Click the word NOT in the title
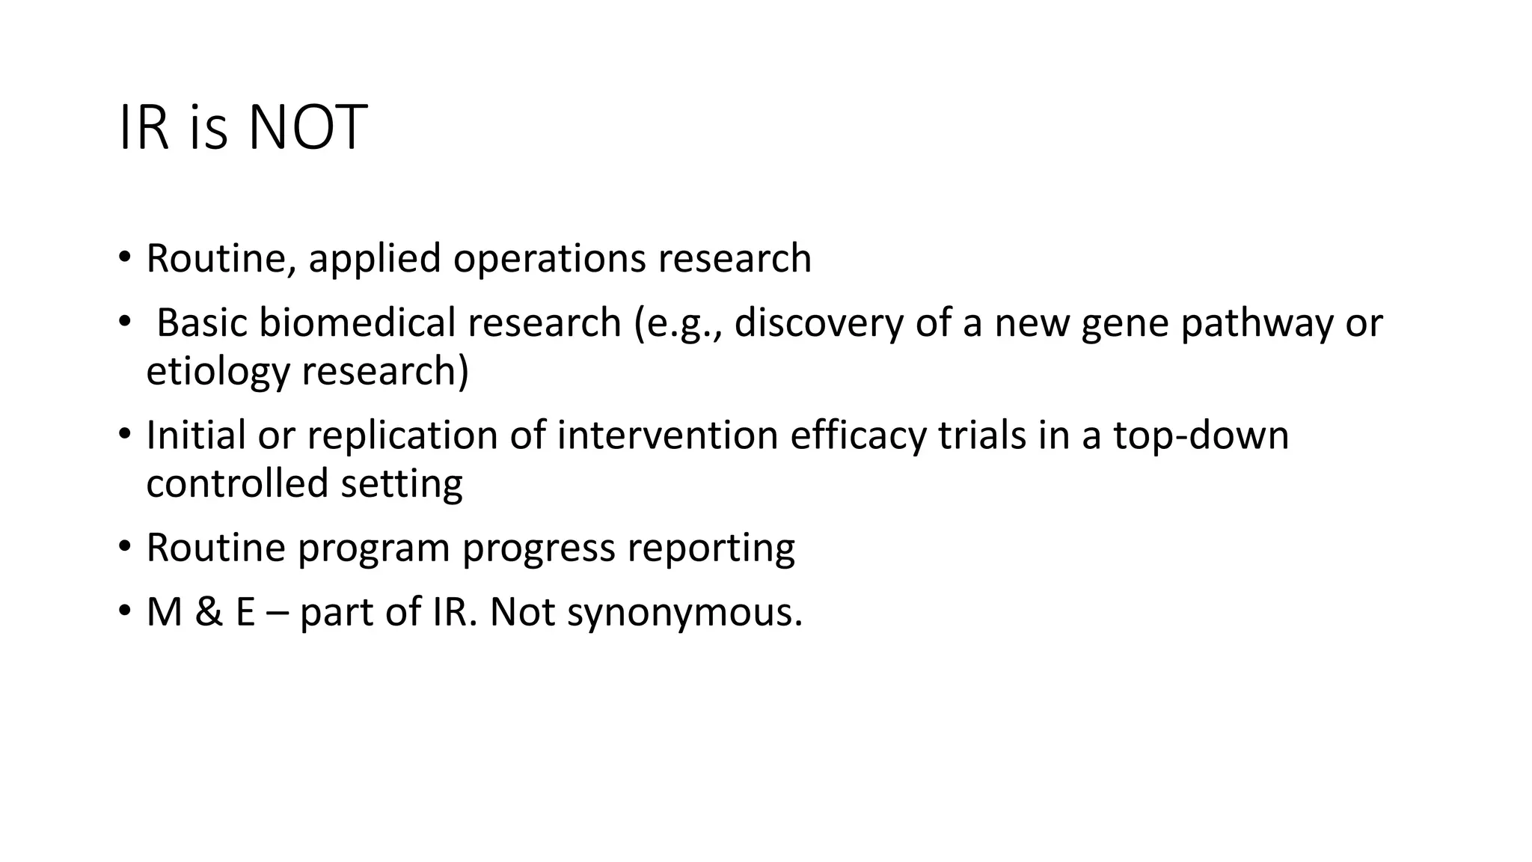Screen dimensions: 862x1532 (x=307, y=129)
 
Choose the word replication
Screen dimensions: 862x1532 (x=402, y=435)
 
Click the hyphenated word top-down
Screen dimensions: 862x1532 (x=1201, y=435)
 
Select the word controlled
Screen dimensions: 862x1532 (x=236, y=483)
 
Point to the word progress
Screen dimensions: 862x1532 (x=538, y=548)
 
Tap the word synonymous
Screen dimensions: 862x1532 (x=684, y=613)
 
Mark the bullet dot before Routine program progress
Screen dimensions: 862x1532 (x=123, y=547)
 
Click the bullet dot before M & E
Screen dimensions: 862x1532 (x=123, y=611)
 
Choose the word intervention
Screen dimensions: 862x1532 (x=667, y=435)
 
